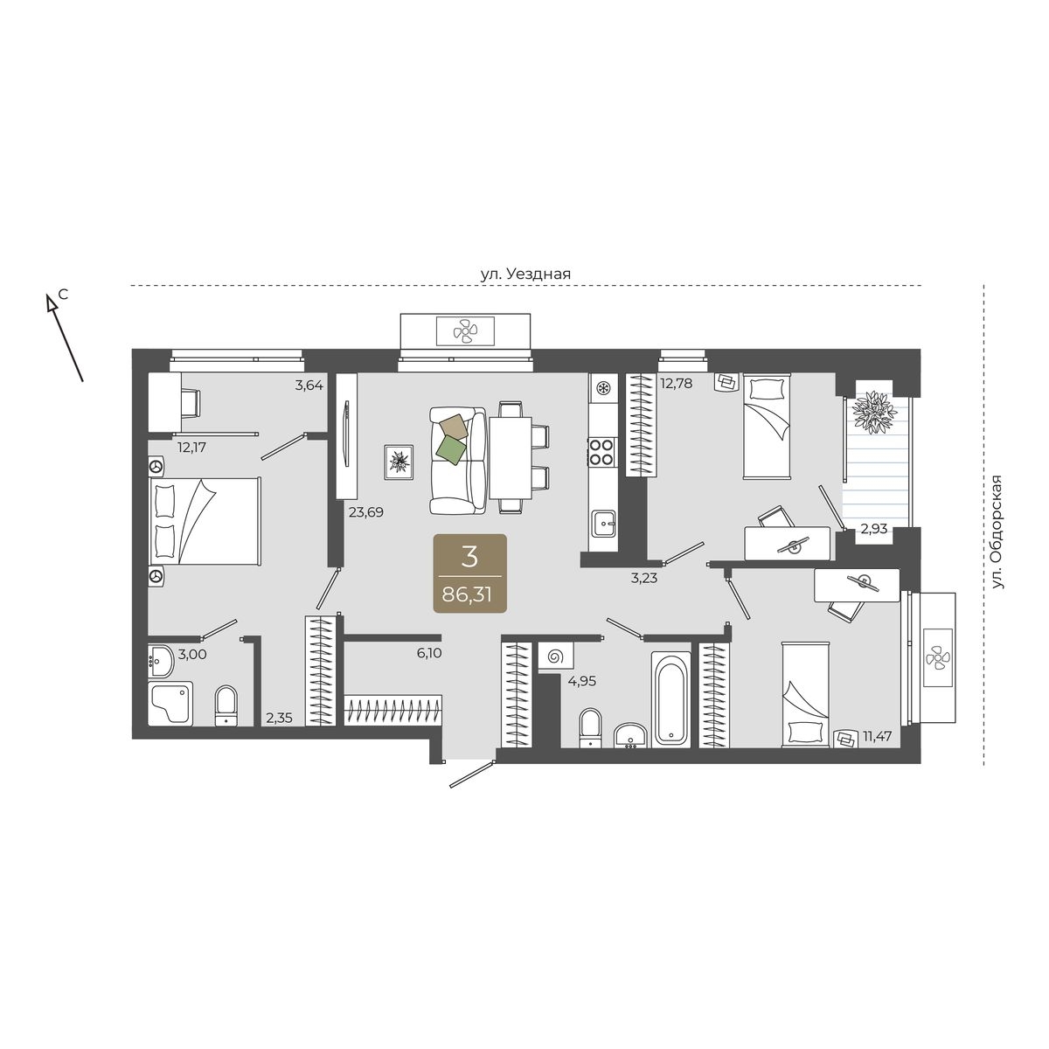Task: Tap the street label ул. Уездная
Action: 525,274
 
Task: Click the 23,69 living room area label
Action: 365,512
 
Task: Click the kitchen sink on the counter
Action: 602,523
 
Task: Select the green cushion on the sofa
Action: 451,449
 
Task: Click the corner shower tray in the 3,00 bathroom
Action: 170,703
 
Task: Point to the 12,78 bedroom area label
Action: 676,383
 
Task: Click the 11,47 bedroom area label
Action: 877,737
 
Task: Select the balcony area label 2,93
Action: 873,528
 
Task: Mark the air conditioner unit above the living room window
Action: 465,330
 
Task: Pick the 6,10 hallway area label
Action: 428,653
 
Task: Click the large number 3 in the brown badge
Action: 469,558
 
